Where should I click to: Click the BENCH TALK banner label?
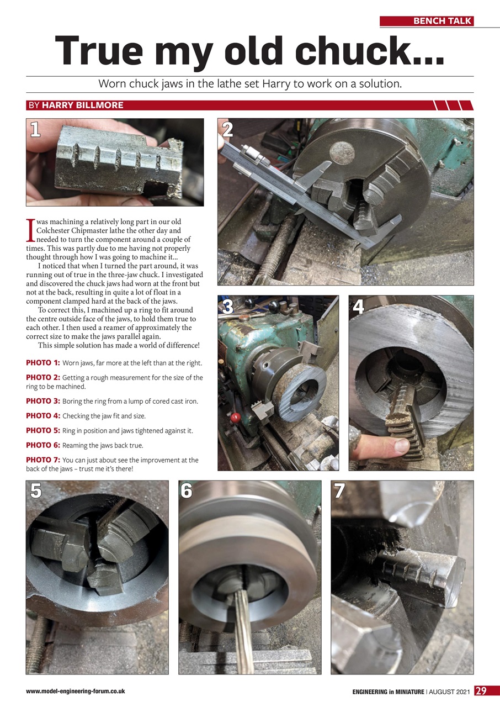[442, 21]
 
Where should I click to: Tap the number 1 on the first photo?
[35, 130]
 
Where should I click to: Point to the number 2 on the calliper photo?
[227, 129]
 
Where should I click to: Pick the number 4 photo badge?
[359, 307]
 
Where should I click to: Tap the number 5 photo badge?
[36, 491]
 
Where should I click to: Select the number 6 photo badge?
[187, 491]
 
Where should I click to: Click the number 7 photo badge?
[339, 491]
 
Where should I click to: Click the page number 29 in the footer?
[481, 691]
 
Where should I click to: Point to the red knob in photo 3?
[234, 416]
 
